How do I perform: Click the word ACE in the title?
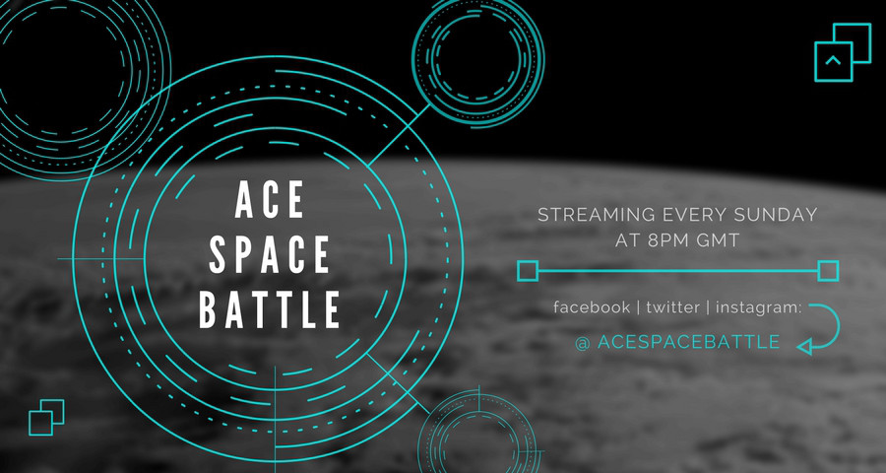click(x=270, y=200)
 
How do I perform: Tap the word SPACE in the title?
click(x=270, y=255)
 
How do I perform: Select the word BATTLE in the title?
click(x=270, y=309)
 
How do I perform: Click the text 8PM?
click(x=669, y=240)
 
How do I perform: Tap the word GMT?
click(x=719, y=240)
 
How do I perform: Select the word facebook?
click(x=592, y=307)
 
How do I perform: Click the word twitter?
click(x=673, y=307)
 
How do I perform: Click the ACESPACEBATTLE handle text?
click(x=689, y=342)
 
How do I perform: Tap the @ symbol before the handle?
click(x=583, y=342)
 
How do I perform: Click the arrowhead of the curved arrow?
click(x=804, y=346)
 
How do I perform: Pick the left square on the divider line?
click(x=528, y=271)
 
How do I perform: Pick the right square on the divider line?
click(x=828, y=271)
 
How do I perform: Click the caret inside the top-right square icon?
click(x=832, y=60)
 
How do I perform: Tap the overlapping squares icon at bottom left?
click(x=46, y=418)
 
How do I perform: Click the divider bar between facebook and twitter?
click(x=638, y=307)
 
